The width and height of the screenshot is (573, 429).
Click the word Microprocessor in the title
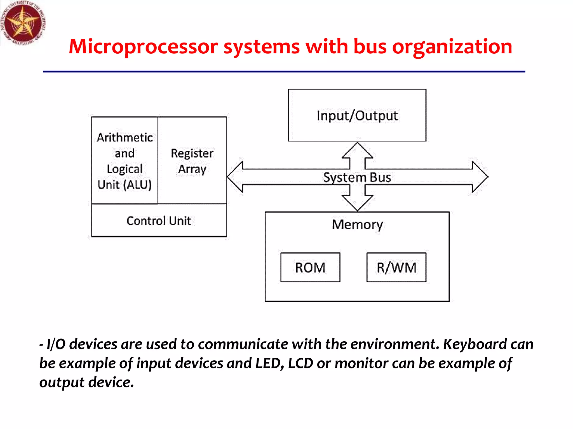click(x=143, y=47)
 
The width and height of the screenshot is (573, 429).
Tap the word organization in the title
click(x=452, y=47)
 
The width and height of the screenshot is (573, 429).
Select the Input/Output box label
click(x=357, y=116)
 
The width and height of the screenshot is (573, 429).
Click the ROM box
click(x=310, y=267)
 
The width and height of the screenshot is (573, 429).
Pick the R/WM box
click(x=396, y=267)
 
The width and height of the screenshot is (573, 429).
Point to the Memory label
click(x=357, y=225)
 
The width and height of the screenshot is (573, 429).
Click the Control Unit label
click(x=159, y=221)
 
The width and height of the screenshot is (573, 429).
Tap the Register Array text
click(x=192, y=161)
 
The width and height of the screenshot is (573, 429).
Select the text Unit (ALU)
click(x=125, y=185)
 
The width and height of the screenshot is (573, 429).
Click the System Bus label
click(x=357, y=177)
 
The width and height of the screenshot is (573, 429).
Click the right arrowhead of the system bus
click(x=480, y=177)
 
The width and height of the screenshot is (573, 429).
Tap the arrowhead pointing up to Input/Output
click(x=357, y=150)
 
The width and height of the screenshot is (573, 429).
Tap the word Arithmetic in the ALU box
click(x=125, y=138)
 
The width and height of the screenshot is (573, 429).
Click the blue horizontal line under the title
click(x=284, y=72)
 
